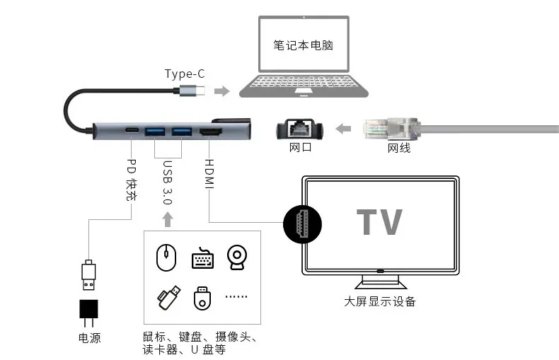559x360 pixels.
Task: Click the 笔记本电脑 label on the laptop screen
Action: (x=303, y=45)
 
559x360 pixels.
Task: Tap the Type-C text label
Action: (x=185, y=74)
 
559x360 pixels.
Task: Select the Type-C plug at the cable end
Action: (x=192, y=91)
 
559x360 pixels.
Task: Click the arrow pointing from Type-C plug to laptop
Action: (x=221, y=91)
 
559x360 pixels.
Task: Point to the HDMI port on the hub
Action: (x=210, y=132)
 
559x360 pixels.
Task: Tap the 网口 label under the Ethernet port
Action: (x=300, y=147)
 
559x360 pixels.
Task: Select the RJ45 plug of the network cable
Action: (x=392, y=128)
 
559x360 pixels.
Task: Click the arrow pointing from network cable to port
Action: (x=343, y=128)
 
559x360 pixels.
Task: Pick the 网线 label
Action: (x=399, y=148)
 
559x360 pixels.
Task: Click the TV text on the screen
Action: (x=380, y=221)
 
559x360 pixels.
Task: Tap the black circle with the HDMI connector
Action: (x=302, y=224)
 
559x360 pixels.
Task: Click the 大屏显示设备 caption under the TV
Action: (x=380, y=301)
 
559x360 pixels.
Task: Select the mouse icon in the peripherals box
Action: (x=166, y=257)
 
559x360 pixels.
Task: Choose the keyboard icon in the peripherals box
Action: (x=202, y=258)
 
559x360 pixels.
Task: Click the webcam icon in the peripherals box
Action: (x=237, y=257)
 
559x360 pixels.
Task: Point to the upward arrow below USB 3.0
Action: (x=168, y=219)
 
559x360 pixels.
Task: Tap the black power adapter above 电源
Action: (x=88, y=313)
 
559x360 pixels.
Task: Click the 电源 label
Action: (x=89, y=338)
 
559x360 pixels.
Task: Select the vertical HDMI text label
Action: (x=209, y=174)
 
